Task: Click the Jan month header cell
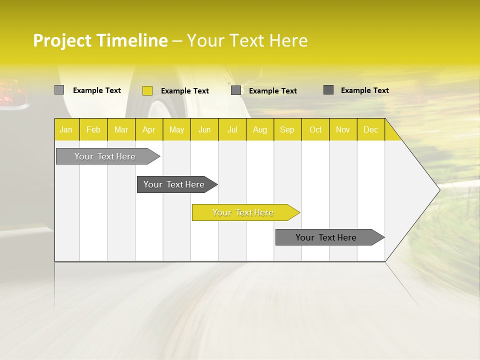(66, 129)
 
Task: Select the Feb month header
(93, 129)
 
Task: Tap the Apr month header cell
(149, 129)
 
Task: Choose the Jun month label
(204, 129)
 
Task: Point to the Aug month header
(260, 129)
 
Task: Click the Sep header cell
(287, 129)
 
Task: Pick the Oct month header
(315, 129)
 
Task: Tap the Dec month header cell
(371, 129)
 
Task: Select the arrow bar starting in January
(105, 156)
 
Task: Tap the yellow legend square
(147, 90)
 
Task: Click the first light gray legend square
(59, 90)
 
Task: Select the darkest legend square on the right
(328, 90)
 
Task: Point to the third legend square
(236, 90)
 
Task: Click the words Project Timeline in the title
(100, 40)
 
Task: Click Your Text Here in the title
(247, 40)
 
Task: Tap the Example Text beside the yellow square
(184, 91)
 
